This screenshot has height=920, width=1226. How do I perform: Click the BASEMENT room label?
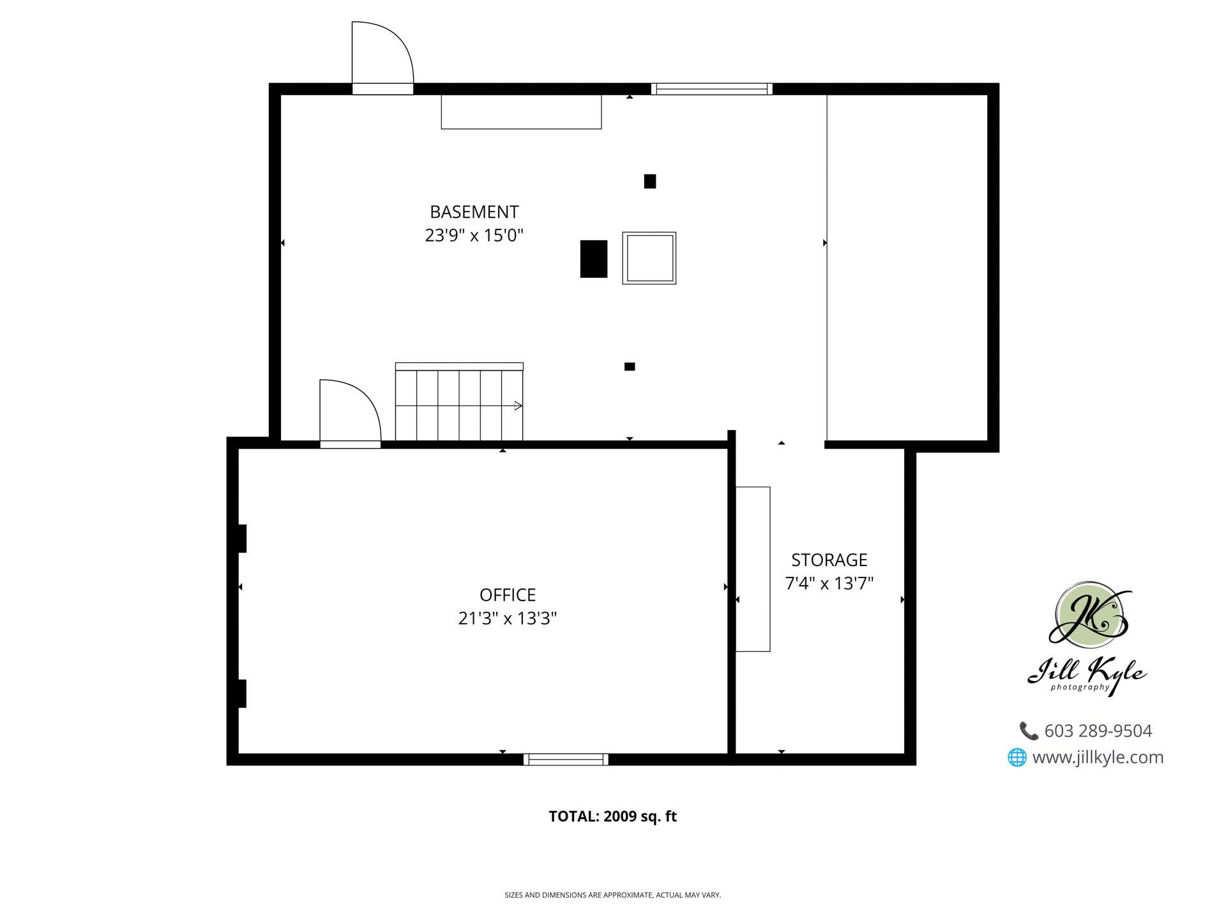click(474, 211)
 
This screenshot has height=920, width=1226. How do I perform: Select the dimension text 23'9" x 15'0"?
click(474, 236)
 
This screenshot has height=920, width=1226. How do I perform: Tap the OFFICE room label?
click(508, 595)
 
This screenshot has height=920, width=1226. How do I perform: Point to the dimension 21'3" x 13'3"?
click(508, 618)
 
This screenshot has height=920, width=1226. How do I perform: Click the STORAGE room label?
click(829, 560)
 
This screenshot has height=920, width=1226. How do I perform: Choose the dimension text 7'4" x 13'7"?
click(829, 583)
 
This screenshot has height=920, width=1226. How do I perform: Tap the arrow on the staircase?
click(518, 406)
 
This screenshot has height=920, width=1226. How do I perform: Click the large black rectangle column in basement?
click(593, 259)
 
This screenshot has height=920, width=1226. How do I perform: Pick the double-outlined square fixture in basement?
click(649, 258)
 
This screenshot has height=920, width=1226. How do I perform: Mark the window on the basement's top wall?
click(711, 89)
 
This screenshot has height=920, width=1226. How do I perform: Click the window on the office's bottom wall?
click(566, 759)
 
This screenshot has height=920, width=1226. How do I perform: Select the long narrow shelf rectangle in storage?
click(753, 569)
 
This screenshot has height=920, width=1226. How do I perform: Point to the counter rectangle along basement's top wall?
click(521, 112)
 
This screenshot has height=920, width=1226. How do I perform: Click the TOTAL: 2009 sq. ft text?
click(612, 816)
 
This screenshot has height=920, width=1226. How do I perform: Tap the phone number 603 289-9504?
click(1098, 731)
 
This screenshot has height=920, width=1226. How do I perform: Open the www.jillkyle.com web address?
click(1097, 758)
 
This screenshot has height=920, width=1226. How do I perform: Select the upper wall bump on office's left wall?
click(242, 538)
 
